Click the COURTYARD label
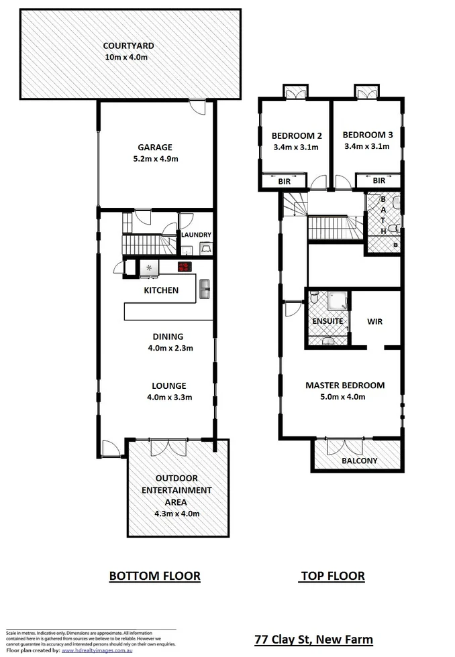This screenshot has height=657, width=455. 128,46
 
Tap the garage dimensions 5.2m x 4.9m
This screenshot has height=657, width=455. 155,159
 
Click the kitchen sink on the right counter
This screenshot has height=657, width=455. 205,290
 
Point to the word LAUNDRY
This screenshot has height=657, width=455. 196,235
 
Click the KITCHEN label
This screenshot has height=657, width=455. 161,290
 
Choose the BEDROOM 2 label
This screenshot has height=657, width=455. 295,135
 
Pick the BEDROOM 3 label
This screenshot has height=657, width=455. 366,135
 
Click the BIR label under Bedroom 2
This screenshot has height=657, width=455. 285,181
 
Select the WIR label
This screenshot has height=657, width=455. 374,322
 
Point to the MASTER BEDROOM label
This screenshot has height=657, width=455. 344,385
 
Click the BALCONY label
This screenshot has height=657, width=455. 359,461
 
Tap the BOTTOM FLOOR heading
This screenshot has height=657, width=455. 154,575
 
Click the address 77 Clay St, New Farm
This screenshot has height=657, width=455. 313,639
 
